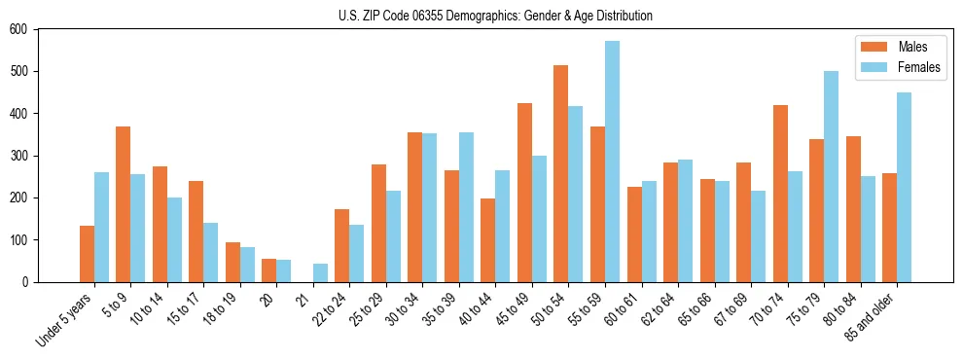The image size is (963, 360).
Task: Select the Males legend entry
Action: (x=912, y=47)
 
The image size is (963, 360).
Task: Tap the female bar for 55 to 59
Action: (x=612, y=162)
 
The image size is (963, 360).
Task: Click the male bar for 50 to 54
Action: (x=561, y=173)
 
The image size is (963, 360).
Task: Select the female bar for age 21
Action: (x=320, y=272)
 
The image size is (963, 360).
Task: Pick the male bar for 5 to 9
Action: (x=124, y=204)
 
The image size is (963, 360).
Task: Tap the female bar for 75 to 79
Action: (x=831, y=176)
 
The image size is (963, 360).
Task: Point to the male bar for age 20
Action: (x=269, y=270)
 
